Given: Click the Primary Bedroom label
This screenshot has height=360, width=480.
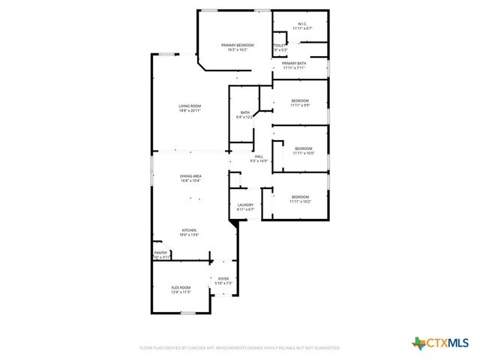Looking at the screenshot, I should click(237, 45).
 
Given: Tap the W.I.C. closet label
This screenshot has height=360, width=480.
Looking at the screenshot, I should click(301, 24).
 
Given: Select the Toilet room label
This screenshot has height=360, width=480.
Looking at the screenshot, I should click(278, 46).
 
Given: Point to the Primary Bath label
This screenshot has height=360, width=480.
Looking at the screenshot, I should click(294, 64).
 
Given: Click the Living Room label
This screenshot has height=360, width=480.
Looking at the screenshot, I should click(189, 106).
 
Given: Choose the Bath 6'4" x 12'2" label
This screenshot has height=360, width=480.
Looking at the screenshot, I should click(245, 112).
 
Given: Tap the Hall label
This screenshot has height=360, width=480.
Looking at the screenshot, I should click(259, 156).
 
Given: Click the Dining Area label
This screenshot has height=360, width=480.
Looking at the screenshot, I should click(190, 175).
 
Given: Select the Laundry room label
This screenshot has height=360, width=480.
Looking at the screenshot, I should click(245, 205).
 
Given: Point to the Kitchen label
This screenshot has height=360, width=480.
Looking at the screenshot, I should click(188, 230).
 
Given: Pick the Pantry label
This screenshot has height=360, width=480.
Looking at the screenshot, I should click(160, 253).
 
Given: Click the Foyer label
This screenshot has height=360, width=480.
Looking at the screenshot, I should click(223, 278).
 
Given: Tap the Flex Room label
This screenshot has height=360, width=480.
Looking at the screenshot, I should click(181, 287).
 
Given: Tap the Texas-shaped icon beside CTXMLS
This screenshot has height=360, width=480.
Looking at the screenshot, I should click(418, 343).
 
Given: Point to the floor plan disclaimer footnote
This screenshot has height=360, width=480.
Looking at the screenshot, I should click(240, 348).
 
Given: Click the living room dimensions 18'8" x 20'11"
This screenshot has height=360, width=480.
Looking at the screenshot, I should click(190, 110).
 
